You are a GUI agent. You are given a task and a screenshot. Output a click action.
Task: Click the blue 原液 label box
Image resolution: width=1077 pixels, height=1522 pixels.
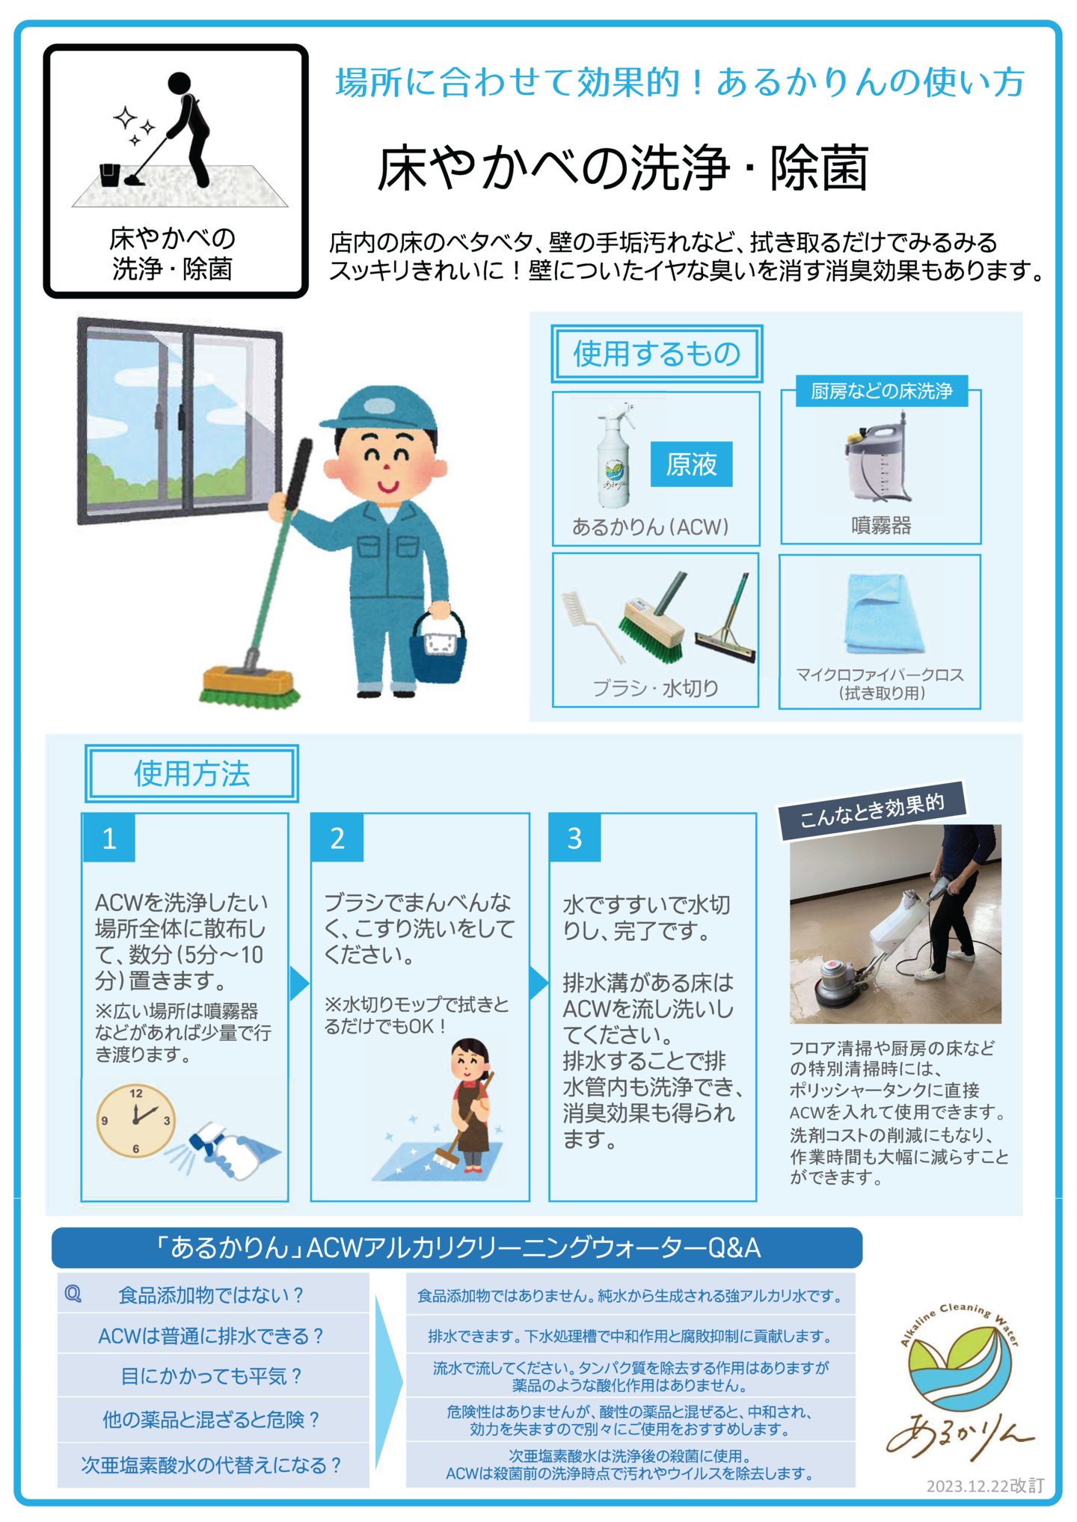pyautogui.click(x=691, y=464)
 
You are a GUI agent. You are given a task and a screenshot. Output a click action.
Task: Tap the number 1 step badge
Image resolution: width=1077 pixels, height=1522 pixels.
pyautogui.click(x=109, y=838)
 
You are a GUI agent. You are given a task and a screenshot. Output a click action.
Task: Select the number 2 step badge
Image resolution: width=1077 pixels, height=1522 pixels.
pyautogui.click(x=337, y=838)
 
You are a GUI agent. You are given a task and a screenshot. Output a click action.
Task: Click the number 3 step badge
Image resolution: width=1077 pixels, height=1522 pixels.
pyautogui.click(x=574, y=838)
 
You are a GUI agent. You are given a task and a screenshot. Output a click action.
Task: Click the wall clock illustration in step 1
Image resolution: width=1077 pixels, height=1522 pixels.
pyautogui.click(x=136, y=1120)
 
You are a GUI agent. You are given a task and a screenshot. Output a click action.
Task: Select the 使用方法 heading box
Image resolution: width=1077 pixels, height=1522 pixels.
pyautogui.click(x=191, y=773)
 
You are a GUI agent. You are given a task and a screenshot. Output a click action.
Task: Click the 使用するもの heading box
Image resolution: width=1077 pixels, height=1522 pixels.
pyautogui.click(x=657, y=353)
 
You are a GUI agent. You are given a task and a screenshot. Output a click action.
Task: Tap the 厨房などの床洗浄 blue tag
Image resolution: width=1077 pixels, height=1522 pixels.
pyautogui.click(x=881, y=390)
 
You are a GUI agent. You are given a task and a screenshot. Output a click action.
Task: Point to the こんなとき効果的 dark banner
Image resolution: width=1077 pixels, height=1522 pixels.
pyautogui.click(x=872, y=811)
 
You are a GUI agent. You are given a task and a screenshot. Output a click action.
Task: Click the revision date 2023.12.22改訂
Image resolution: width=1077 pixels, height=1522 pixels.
pyautogui.click(x=985, y=1485)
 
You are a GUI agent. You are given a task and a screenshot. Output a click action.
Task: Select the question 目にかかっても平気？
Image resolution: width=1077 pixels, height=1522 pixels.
pyautogui.click(x=212, y=1376)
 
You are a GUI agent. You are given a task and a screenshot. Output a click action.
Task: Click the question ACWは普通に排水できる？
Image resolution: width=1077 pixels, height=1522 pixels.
pyautogui.click(x=212, y=1336)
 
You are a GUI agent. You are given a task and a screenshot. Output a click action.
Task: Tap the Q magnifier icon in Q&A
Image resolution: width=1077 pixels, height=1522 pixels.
pyautogui.click(x=73, y=1294)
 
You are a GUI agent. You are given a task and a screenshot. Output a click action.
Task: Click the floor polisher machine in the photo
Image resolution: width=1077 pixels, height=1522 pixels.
pyautogui.click(x=875, y=950)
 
